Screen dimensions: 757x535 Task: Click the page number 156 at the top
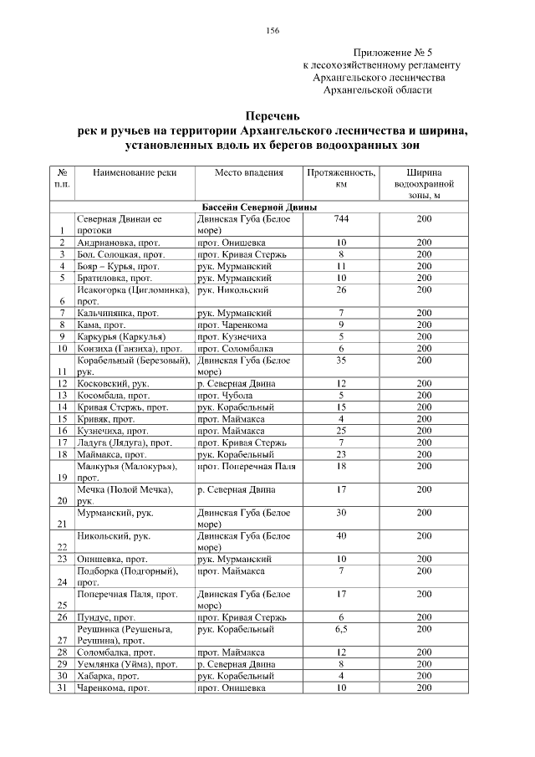[273, 31]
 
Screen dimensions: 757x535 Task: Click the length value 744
[340, 218]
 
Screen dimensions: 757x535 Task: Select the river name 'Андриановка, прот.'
[120, 242]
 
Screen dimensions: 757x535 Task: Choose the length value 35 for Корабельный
[340, 359]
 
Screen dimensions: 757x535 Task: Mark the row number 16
[62, 430]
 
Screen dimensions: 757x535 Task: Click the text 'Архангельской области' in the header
[378, 89]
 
